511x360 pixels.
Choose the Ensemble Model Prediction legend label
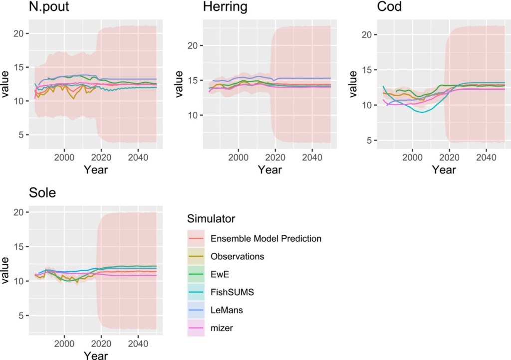(266, 238)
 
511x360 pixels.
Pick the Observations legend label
(237, 256)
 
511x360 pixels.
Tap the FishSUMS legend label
(233, 292)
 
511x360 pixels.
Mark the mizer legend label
(222, 328)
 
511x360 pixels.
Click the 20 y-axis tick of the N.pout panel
(17, 33)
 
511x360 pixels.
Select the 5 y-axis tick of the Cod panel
(370, 141)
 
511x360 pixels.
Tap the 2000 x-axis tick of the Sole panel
(64, 344)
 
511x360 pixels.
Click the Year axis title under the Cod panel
(444, 170)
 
